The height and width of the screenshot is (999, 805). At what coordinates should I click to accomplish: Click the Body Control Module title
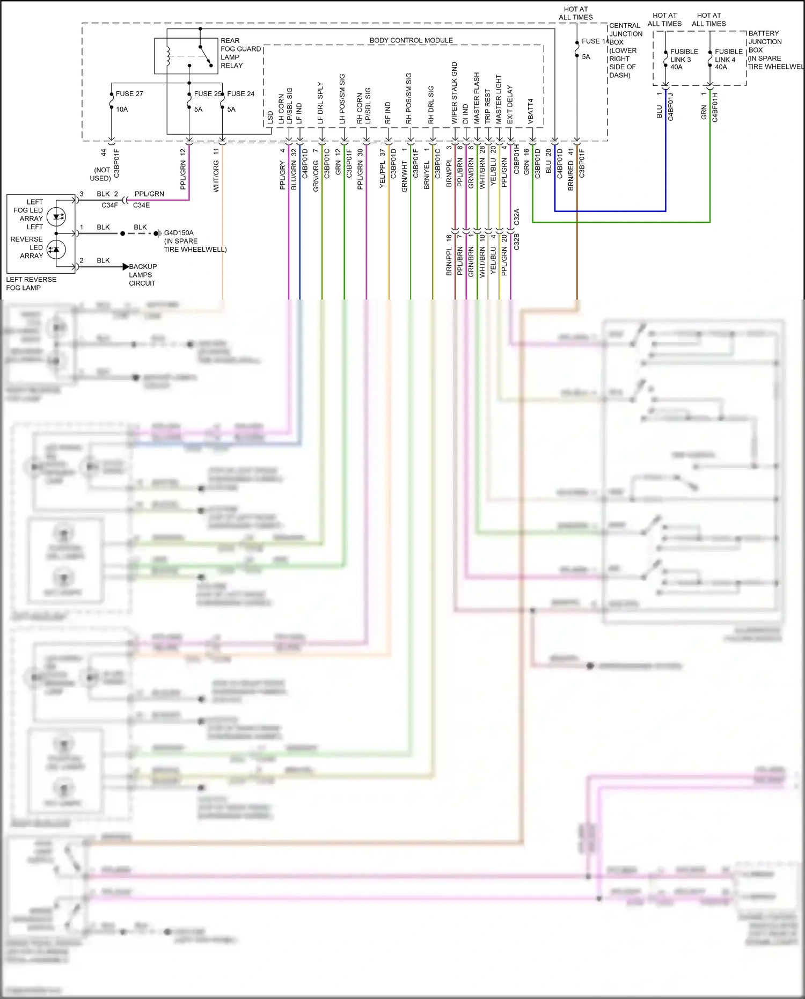click(x=411, y=40)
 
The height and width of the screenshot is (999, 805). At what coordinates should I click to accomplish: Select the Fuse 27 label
click(x=129, y=93)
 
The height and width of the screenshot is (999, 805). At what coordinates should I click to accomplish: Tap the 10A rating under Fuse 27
click(x=122, y=110)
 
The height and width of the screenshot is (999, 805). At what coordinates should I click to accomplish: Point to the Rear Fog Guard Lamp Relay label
click(x=240, y=53)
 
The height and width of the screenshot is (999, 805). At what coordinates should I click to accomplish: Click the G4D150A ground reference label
click(x=179, y=233)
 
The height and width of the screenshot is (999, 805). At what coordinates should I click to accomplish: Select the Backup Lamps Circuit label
click(x=143, y=275)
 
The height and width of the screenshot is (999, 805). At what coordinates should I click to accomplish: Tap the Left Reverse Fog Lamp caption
click(x=31, y=283)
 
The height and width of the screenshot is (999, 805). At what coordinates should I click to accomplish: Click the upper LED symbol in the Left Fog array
click(x=56, y=217)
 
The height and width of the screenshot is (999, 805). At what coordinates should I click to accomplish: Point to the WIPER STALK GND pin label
click(x=455, y=93)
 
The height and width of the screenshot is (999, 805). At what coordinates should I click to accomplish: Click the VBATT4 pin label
click(x=531, y=111)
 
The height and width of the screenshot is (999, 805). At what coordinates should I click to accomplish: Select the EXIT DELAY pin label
click(x=510, y=104)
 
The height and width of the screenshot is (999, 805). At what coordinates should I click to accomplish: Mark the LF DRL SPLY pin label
click(x=320, y=103)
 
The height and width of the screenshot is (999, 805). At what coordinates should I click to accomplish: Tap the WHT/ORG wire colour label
click(x=216, y=176)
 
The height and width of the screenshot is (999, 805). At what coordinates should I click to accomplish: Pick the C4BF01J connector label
click(x=670, y=107)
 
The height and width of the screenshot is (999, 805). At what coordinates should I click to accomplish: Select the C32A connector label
click(x=516, y=217)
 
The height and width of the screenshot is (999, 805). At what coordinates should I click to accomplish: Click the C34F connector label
click(x=109, y=205)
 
